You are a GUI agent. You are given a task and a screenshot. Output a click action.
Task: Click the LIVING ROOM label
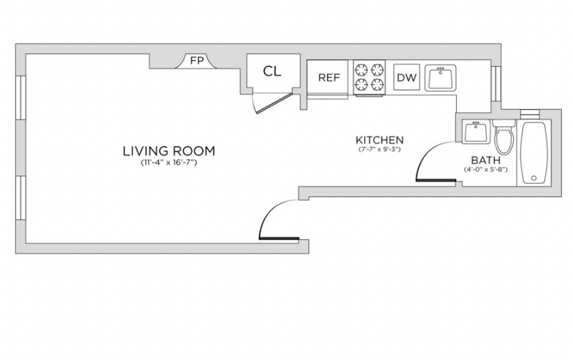click(169, 151)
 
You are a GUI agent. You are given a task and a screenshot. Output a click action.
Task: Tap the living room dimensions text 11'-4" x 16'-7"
click(169, 163)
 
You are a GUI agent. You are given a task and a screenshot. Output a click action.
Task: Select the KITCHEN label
click(380, 140)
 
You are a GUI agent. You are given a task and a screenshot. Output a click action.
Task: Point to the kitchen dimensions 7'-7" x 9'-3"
click(380, 149)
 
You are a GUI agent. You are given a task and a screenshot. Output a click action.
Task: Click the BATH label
click(486, 160)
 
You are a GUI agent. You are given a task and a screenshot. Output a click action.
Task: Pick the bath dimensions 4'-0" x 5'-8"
click(486, 170)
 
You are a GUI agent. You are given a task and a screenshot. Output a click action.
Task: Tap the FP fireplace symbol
click(196, 61)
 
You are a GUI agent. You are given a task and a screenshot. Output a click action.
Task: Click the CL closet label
click(272, 71)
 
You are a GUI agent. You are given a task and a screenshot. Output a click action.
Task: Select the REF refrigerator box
click(328, 78)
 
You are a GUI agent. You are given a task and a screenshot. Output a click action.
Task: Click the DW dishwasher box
click(406, 77)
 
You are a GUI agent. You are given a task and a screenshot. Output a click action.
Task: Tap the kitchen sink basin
click(440, 78)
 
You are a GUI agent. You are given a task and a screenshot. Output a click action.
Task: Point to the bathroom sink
click(475, 132)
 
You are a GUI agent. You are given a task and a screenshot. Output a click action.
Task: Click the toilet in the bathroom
click(504, 137)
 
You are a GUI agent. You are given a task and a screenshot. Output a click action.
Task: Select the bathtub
click(534, 153)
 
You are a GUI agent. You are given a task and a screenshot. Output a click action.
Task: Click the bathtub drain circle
click(534, 179)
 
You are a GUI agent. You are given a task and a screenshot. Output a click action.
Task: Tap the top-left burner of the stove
click(361, 69)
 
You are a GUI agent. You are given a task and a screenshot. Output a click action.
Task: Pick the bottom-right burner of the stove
click(377, 85)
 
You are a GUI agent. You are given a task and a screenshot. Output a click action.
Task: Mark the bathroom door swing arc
click(431, 156)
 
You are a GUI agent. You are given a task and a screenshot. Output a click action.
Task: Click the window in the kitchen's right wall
click(495, 84)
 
